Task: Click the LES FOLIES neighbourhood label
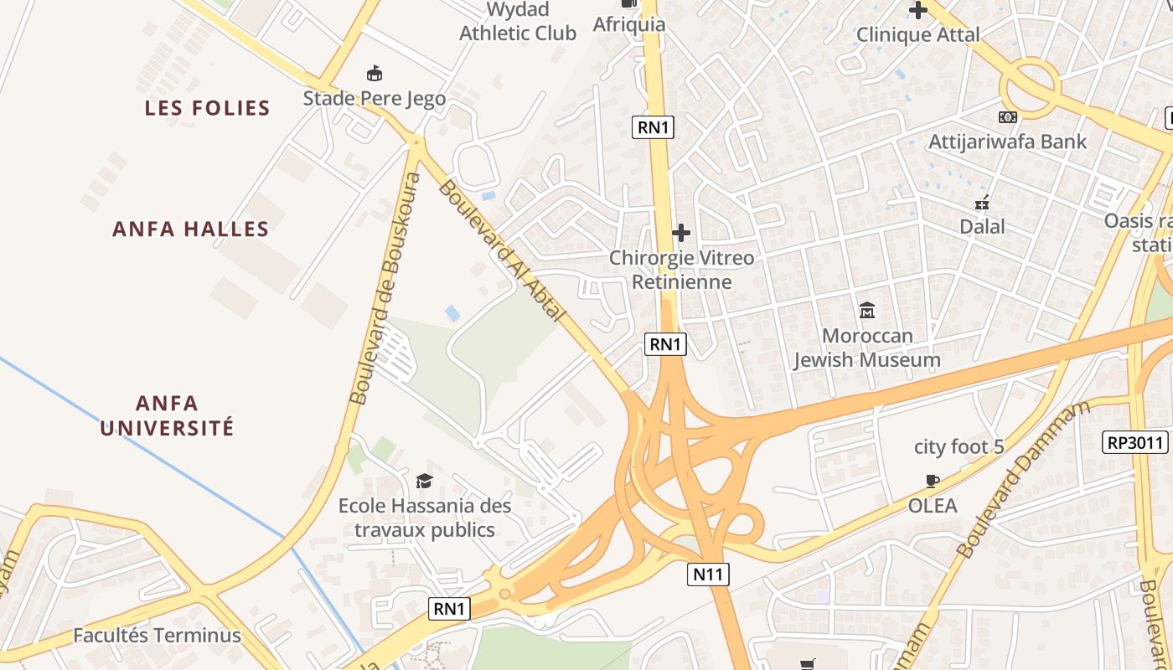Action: pos(207,108)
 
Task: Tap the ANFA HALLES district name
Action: pos(191,229)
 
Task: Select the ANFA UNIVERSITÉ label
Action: pos(167,415)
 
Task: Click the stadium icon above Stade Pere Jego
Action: pos(375,74)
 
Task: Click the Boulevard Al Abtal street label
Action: pos(503,251)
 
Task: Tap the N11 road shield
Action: pos(709,575)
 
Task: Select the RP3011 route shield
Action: pos(1135,442)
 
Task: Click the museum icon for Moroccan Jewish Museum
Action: pos(867,311)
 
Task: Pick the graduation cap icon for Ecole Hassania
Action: pos(424,481)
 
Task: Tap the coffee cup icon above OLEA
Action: pos(932,481)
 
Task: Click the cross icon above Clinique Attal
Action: pos(918,10)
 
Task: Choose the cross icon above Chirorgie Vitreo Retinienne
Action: pos(681,232)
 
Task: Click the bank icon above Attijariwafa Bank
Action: pos(1007,117)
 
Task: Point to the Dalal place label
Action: pos(982,227)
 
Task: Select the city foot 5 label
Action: pos(959,447)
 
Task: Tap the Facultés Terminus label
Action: pos(157,636)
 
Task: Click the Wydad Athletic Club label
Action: pos(518,22)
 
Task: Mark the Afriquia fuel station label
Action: pos(629,24)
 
